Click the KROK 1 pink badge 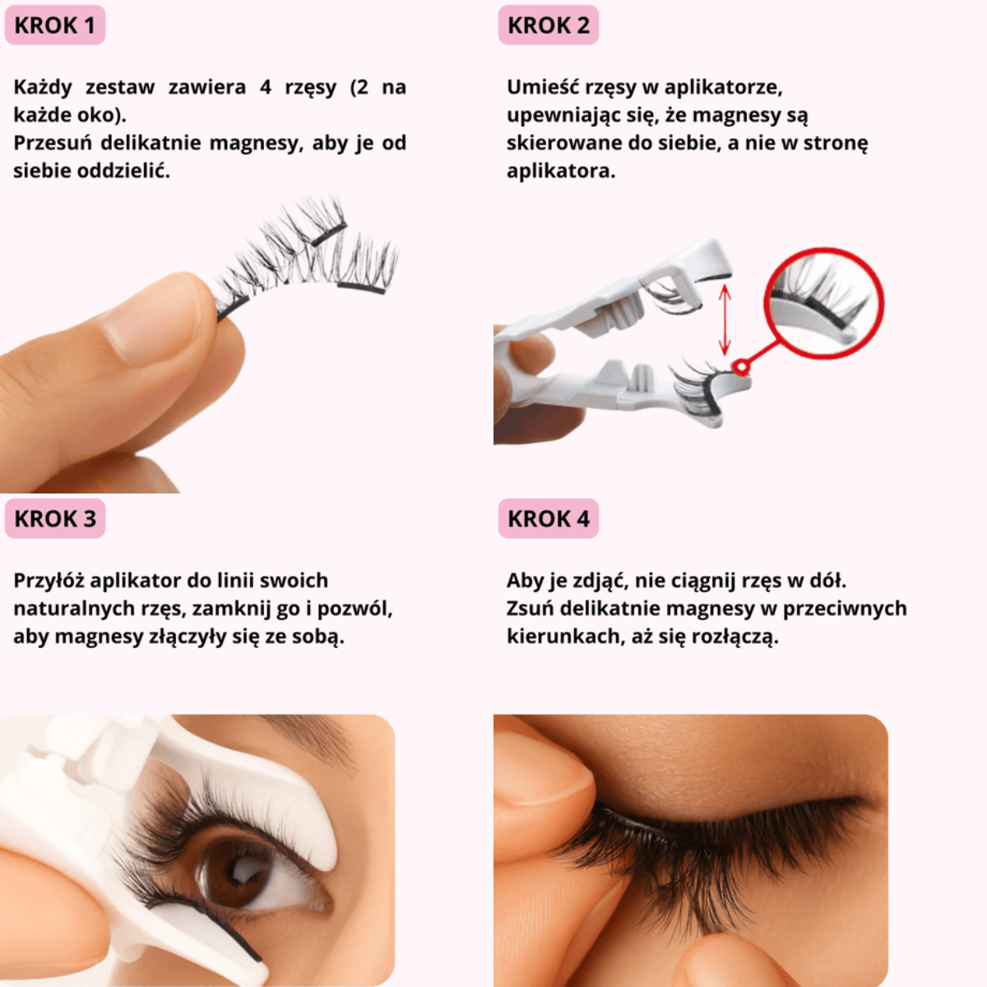click(x=55, y=25)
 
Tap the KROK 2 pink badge click(x=548, y=25)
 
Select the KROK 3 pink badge click(x=55, y=518)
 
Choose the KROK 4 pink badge click(x=548, y=518)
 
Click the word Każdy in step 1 click(x=43, y=87)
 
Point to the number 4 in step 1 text click(x=266, y=87)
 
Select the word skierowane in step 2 click(x=564, y=143)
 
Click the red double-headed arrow click(x=725, y=320)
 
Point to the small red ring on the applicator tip click(x=740, y=367)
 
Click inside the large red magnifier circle click(x=823, y=303)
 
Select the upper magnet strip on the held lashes click(x=329, y=234)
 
